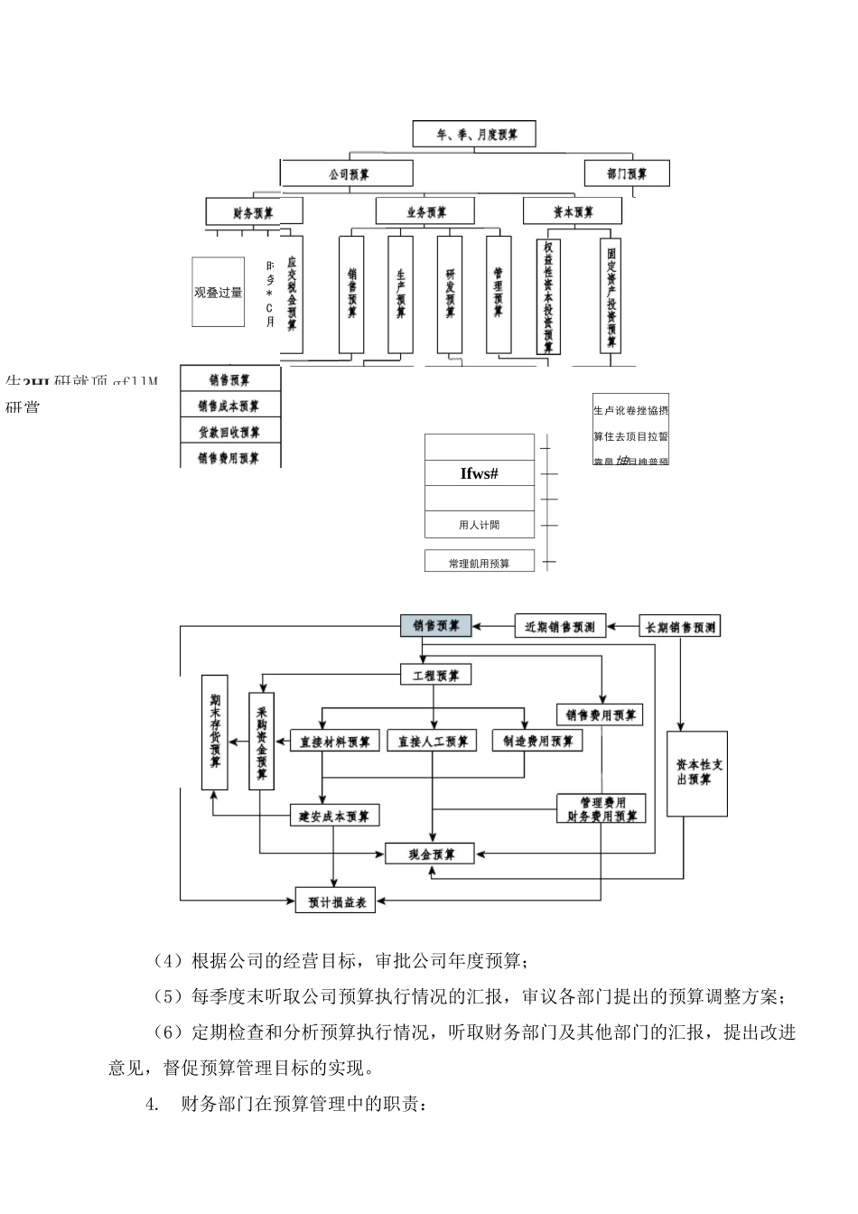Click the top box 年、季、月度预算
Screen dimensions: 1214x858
pyautogui.click(x=474, y=135)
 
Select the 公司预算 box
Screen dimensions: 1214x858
pyautogui.click(x=347, y=173)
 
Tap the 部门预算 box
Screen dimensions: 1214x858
pyautogui.click(x=626, y=173)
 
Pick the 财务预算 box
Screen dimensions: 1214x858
pyautogui.click(x=254, y=212)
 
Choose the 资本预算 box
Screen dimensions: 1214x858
pyautogui.click(x=573, y=212)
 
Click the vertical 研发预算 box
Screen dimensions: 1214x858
pyautogui.click(x=450, y=294)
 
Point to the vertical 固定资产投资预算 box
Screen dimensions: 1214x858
pyautogui.click(x=612, y=294)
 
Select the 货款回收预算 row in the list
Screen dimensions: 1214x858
pyautogui.click(x=231, y=432)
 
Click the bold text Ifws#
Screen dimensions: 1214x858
pyautogui.click(x=479, y=472)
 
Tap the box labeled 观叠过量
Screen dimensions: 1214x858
pyautogui.click(x=219, y=292)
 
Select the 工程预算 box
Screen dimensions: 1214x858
pyautogui.click(x=435, y=676)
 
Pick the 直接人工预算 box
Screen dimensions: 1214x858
pyautogui.click(x=434, y=742)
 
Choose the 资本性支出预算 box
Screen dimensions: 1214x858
pyautogui.click(x=696, y=773)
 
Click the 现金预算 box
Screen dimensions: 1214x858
pyautogui.click(x=430, y=854)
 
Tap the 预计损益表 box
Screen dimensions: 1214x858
pyautogui.click(x=335, y=901)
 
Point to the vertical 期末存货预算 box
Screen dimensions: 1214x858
pyautogui.click(x=215, y=730)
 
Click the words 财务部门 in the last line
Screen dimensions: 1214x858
pyautogui.click(x=214, y=1104)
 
